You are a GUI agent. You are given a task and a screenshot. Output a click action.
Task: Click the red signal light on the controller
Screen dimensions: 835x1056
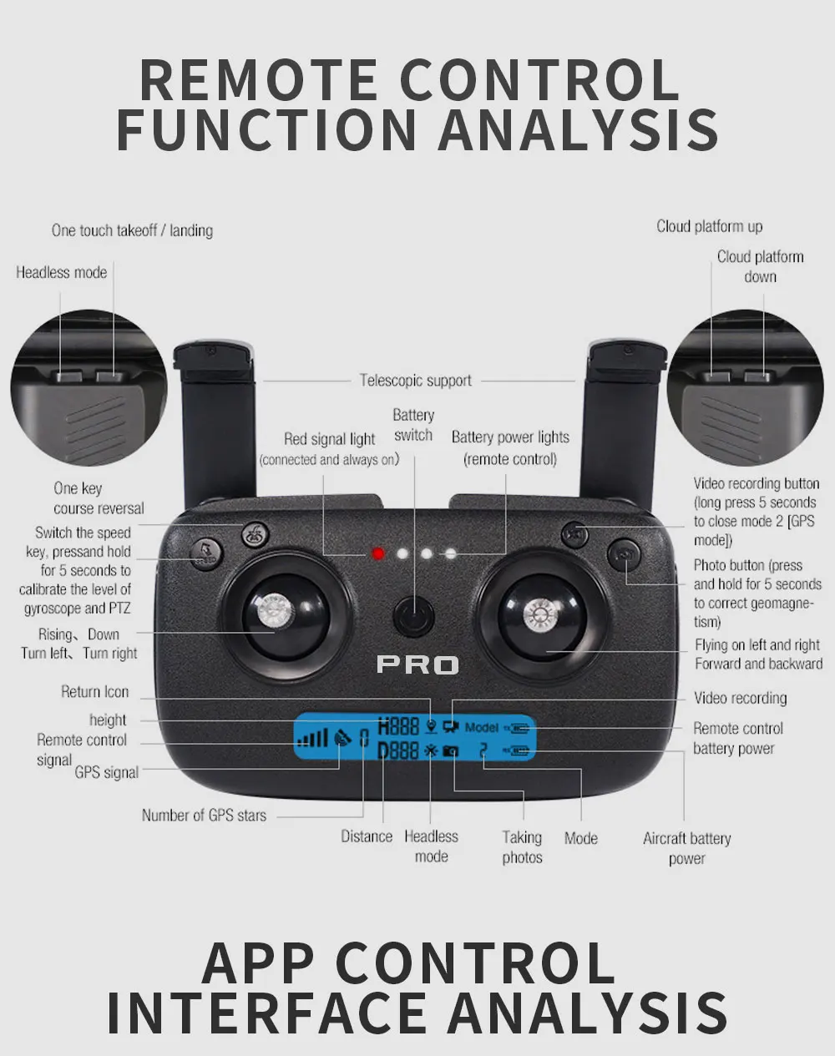tap(378, 553)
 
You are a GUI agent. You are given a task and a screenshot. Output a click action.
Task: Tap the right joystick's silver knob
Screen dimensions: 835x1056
tap(539, 616)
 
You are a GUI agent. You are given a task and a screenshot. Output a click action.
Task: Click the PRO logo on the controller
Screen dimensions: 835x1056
tap(417, 664)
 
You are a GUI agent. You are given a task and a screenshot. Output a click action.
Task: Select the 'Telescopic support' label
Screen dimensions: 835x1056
tap(415, 381)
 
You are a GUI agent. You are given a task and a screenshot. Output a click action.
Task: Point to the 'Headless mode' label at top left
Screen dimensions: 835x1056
tap(61, 272)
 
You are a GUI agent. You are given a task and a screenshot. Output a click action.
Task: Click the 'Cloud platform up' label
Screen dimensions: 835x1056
tap(709, 226)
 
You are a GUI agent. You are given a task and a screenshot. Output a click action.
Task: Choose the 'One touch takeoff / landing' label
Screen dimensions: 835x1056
tap(132, 230)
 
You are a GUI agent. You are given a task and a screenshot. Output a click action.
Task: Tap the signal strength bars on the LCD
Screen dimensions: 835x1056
tap(313, 738)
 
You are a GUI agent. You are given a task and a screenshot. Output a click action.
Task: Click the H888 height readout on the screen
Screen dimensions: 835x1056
tap(398, 726)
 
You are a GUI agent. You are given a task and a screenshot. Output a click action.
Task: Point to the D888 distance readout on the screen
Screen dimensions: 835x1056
tap(398, 750)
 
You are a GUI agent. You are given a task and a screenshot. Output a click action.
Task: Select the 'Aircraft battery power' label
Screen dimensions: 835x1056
tap(686, 848)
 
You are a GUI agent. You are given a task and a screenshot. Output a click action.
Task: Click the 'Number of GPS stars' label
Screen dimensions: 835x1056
tap(204, 816)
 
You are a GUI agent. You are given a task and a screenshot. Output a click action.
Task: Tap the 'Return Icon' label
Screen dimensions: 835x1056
tap(94, 691)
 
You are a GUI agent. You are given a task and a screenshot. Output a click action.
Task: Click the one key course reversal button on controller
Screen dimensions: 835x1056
tap(255, 535)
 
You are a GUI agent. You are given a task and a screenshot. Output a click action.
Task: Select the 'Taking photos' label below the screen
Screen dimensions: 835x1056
tap(522, 847)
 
